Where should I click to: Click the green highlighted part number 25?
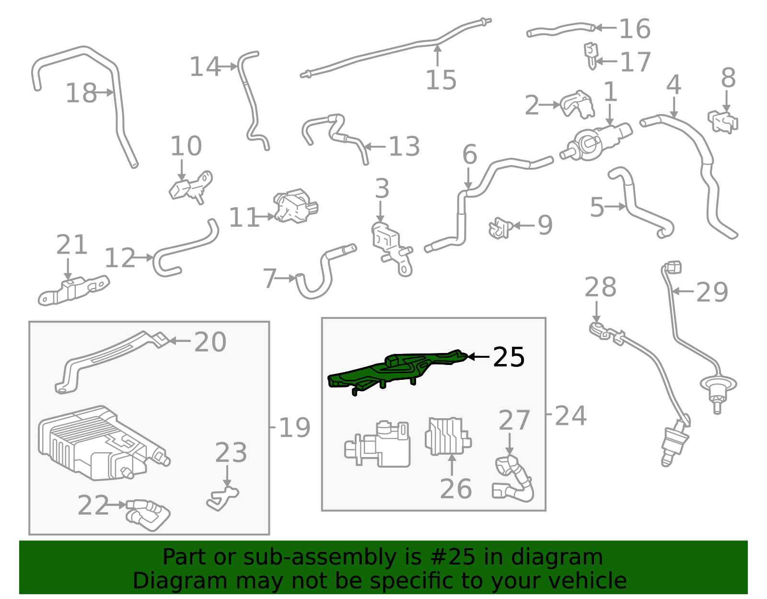click(x=395, y=371)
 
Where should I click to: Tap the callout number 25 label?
click(x=509, y=357)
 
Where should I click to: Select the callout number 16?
click(x=635, y=29)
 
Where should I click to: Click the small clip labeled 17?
click(x=591, y=56)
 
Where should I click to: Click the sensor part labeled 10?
click(x=191, y=187)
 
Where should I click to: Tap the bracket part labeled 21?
click(x=74, y=291)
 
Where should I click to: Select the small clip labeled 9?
click(x=500, y=228)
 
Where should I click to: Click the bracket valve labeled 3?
click(x=392, y=249)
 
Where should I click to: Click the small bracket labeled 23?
click(x=223, y=498)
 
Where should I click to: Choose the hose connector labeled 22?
click(x=148, y=515)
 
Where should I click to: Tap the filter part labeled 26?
click(x=448, y=436)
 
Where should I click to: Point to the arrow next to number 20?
click(x=180, y=341)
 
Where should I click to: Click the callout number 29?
click(x=712, y=292)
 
